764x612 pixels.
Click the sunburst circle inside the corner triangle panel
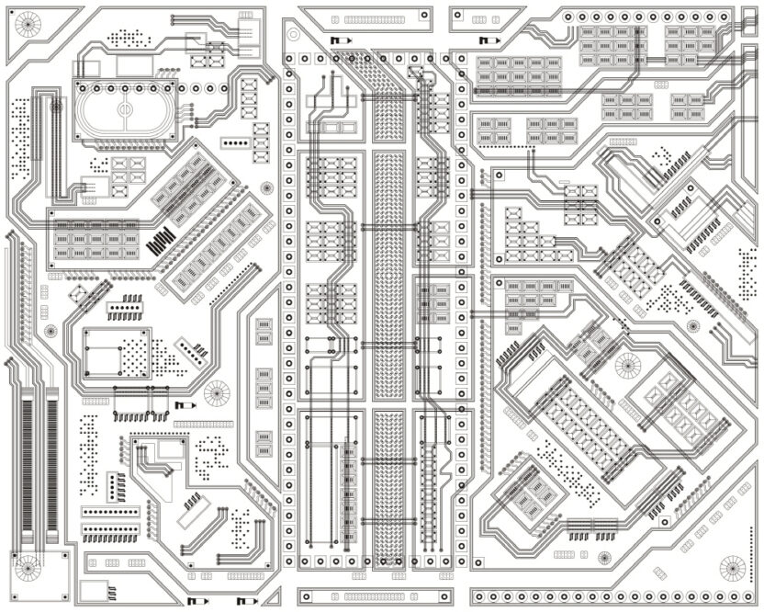pos(28,27)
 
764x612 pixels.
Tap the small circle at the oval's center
pos(125,110)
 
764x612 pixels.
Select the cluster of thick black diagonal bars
pos(160,241)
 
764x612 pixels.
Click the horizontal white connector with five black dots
pos(237,143)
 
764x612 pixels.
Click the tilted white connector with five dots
pos(191,350)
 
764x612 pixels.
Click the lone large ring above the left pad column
pos(293,34)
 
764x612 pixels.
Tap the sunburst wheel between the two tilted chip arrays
pos(266,187)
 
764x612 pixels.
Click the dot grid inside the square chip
pos(136,350)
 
